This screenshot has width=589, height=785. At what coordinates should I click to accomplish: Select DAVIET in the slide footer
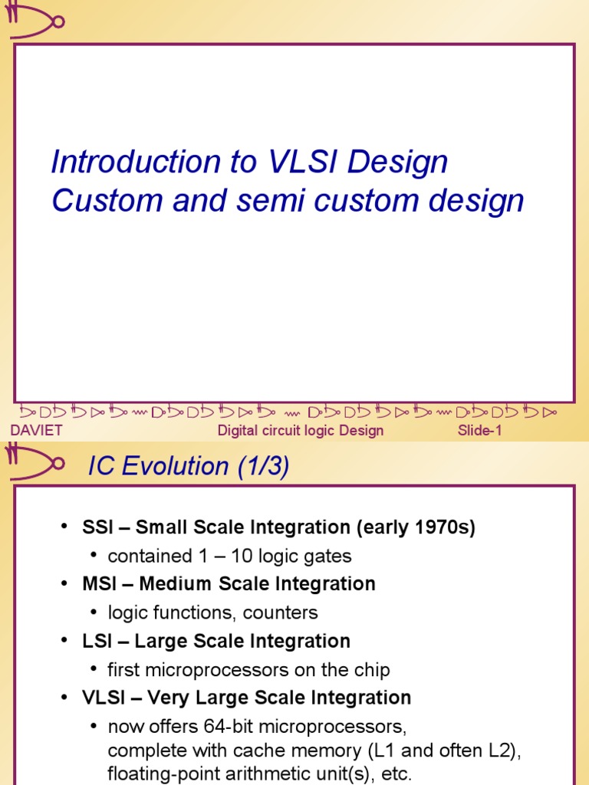pos(36,430)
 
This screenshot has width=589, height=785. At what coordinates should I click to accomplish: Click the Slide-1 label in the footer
pos(479,430)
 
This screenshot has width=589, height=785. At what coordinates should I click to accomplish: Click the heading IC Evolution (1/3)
pos(189,466)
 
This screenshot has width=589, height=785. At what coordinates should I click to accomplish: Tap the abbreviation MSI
pos(98,584)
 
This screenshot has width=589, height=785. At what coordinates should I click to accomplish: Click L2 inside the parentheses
pos(501,751)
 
